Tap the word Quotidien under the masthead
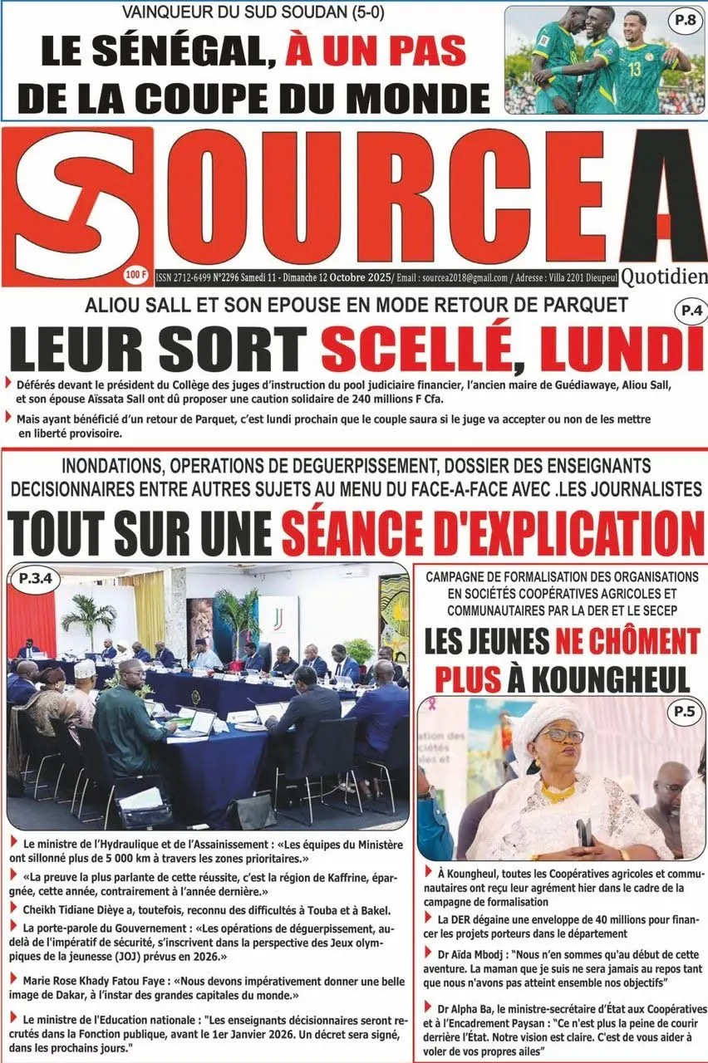[x=663, y=276]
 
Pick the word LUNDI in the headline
[x=630, y=349]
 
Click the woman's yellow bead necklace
[x=558, y=791]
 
